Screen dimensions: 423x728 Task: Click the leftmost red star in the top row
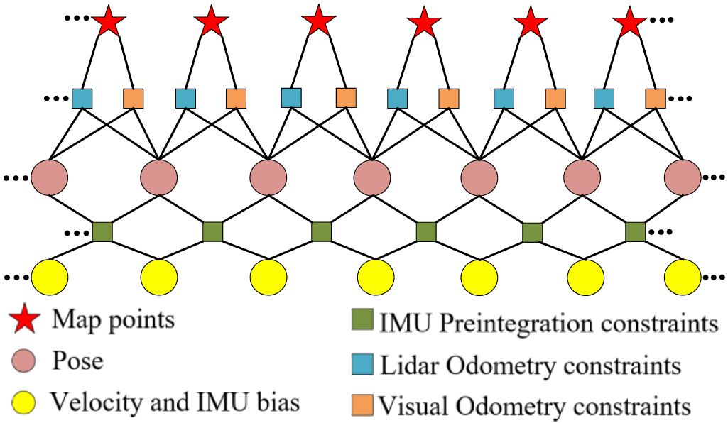tap(108, 22)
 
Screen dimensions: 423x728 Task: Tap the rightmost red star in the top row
tap(630, 22)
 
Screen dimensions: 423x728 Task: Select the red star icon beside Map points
tap(25, 321)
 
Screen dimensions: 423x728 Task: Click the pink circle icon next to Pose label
tap(25, 362)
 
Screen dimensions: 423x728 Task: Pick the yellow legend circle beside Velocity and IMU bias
tap(25, 402)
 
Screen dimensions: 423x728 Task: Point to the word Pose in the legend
tap(77, 361)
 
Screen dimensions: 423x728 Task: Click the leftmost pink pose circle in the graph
tap(50, 177)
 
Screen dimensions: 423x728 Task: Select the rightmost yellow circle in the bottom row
tap(683, 278)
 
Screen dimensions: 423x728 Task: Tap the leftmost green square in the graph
tap(102, 231)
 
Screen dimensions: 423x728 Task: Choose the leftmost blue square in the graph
tap(82, 98)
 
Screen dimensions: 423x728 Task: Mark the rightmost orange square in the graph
tap(656, 98)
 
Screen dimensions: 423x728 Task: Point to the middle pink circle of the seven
tap(372, 177)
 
